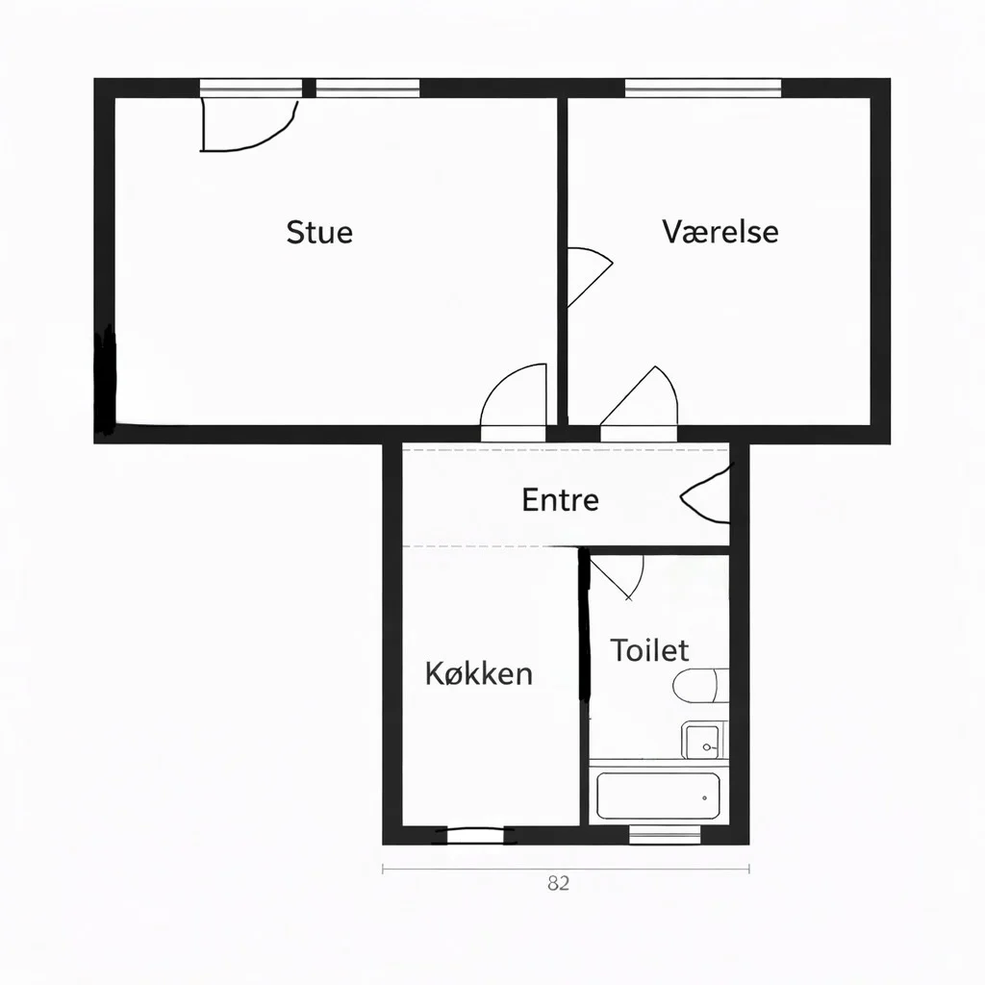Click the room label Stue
[x=319, y=232]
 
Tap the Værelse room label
[x=720, y=231]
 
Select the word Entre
[x=560, y=499]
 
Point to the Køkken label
[x=478, y=672]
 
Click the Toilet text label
[x=649, y=650]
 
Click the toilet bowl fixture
[x=695, y=687]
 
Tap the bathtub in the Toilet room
[x=659, y=796]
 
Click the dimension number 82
[x=558, y=884]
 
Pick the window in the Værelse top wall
[x=702, y=88]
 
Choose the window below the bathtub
[x=666, y=835]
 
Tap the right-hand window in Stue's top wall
[x=367, y=88]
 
